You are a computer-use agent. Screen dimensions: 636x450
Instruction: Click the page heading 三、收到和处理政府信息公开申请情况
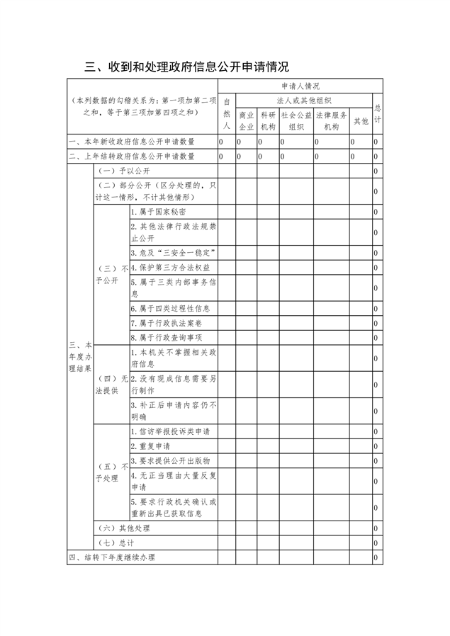[186, 68]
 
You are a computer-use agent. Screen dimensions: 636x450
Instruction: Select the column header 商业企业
[246, 121]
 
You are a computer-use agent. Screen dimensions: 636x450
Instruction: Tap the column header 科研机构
[267, 121]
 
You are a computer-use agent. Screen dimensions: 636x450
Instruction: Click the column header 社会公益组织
[296, 121]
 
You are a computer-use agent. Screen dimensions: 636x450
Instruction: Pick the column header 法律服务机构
[332, 121]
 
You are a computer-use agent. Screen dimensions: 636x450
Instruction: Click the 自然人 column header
[227, 113]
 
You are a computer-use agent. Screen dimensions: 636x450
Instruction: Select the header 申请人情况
[299, 86]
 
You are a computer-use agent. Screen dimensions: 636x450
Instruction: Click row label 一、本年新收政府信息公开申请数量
[132, 142]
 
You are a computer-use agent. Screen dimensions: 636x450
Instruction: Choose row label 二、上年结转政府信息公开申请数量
[132, 157]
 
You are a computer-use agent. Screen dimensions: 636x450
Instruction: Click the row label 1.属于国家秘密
[159, 212]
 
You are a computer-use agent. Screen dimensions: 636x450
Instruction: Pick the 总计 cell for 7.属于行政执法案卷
[376, 323]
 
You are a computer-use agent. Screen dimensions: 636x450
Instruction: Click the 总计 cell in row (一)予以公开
[376, 171]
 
